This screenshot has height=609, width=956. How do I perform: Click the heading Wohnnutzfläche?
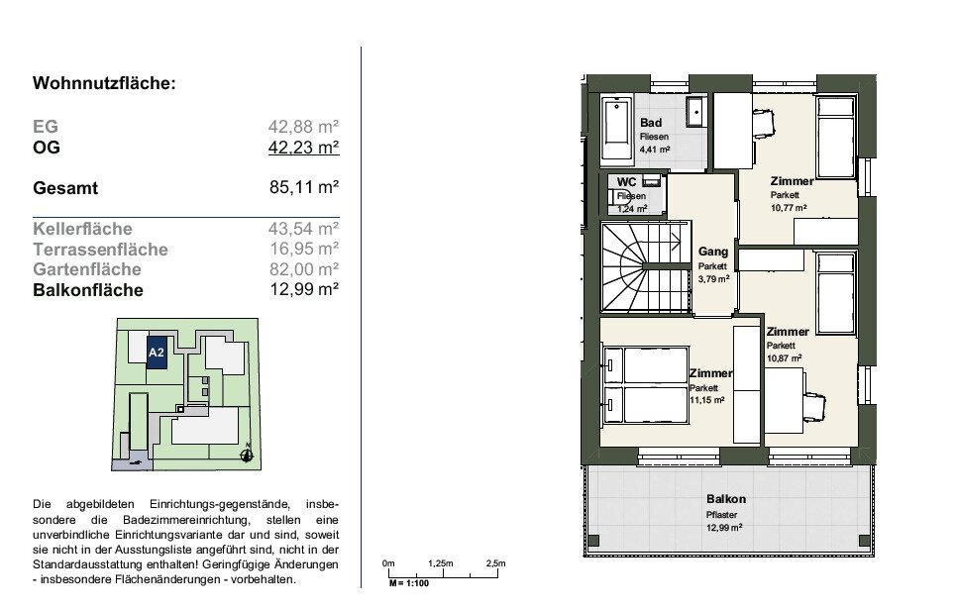(x=104, y=83)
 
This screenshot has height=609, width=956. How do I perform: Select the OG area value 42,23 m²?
(x=303, y=148)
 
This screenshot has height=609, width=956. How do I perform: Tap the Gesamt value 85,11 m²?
(x=304, y=187)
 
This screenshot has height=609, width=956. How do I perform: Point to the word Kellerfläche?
(x=82, y=229)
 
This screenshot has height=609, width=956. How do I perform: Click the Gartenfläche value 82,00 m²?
(x=304, y=268)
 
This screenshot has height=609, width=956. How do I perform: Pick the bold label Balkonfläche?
(x=88, y=289)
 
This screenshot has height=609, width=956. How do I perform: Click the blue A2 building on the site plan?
(x=157, y=353)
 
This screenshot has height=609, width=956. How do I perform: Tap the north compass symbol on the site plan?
(x=247, y=455)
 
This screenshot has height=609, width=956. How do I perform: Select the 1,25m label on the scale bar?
(x=441, y=563)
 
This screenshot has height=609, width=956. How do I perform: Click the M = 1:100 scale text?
(x=409, y=583)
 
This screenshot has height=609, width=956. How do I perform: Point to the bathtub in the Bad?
(x=616, y=130)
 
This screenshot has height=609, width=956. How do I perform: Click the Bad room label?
(x=651, y=123)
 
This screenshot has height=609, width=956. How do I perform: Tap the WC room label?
(x=627, y=181)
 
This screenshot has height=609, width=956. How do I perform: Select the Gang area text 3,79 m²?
(x=714, y=279)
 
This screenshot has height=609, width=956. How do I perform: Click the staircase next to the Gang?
(x=646, y=267)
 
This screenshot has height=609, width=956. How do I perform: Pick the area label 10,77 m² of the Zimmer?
(x=789, y=207)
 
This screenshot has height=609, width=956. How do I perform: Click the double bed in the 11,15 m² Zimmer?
(x=646, y=385)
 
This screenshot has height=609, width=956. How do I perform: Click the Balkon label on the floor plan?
(x=725, y=499)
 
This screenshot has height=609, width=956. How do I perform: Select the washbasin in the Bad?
(x=695, y=111)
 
